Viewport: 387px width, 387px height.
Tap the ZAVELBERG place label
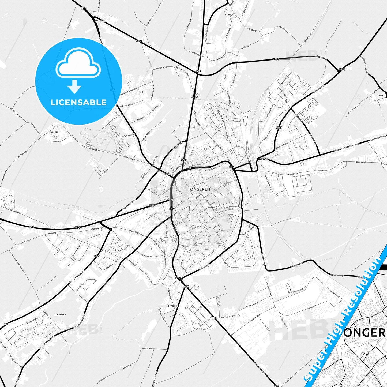click(100, 21)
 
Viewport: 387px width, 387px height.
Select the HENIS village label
click(228, 15)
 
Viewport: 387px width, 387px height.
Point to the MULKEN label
click(55, 133)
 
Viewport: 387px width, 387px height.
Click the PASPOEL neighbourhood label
click(118, 251)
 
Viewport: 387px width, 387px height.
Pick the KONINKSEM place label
click(60, 315)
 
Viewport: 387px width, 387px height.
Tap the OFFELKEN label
click(173, 306)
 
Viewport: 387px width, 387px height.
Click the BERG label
click(381, 96)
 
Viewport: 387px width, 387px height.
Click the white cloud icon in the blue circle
click(78, 64)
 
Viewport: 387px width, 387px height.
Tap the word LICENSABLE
click(78, 102)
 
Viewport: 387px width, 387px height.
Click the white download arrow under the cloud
click(74, 86)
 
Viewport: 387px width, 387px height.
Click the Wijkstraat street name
click(204, 267)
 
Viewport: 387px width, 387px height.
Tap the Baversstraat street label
click(318, 89)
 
